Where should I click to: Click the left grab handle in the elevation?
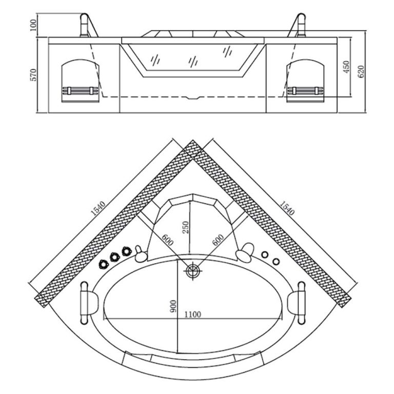87,25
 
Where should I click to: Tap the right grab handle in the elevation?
299,25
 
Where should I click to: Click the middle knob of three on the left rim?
114,257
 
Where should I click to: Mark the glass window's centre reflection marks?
193,61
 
